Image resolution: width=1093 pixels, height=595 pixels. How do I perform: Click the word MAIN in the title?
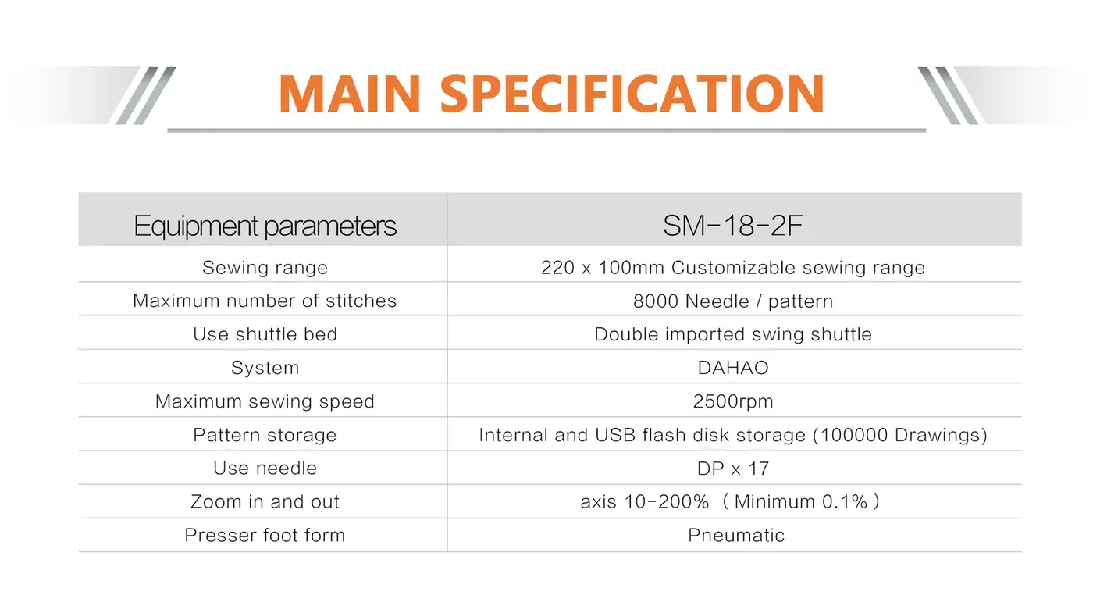point(350,94)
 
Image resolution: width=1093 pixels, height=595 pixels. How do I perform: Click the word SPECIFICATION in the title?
point(632,94)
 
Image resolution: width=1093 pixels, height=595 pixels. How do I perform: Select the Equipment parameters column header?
point(265,226)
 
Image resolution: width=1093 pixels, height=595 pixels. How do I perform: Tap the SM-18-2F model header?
point(733,226)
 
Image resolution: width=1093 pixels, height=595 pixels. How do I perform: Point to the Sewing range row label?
point(265,268)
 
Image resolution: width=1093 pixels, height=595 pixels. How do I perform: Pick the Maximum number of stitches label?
point(265,301)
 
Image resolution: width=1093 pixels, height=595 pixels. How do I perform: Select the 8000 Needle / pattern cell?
point(733,301)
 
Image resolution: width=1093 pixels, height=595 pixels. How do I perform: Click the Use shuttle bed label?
point(265,334)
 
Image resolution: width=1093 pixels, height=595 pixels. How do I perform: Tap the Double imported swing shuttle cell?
point(733,334)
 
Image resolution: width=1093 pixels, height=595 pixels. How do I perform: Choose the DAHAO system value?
point(733,368)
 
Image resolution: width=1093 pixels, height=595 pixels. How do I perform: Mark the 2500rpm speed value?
point(733,401)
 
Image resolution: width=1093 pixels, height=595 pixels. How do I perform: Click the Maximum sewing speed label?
point(265,401)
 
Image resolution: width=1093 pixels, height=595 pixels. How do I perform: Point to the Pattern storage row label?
point(265,435)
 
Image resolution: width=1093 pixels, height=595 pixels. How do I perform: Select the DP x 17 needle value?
point(733,469)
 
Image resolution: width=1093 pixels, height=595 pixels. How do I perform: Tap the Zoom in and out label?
point(265,502)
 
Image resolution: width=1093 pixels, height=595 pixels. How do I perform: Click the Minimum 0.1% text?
point(801,502)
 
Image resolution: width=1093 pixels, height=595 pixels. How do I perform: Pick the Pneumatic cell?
point(736,536)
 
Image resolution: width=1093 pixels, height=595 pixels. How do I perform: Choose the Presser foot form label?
point(265,536)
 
